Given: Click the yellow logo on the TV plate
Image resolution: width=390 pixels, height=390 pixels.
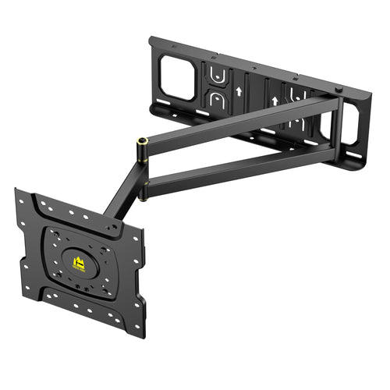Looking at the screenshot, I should (78, 264).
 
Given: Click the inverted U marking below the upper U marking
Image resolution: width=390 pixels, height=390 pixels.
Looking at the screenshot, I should (216, 98).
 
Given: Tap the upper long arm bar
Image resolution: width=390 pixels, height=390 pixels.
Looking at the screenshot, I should (242, 119).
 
